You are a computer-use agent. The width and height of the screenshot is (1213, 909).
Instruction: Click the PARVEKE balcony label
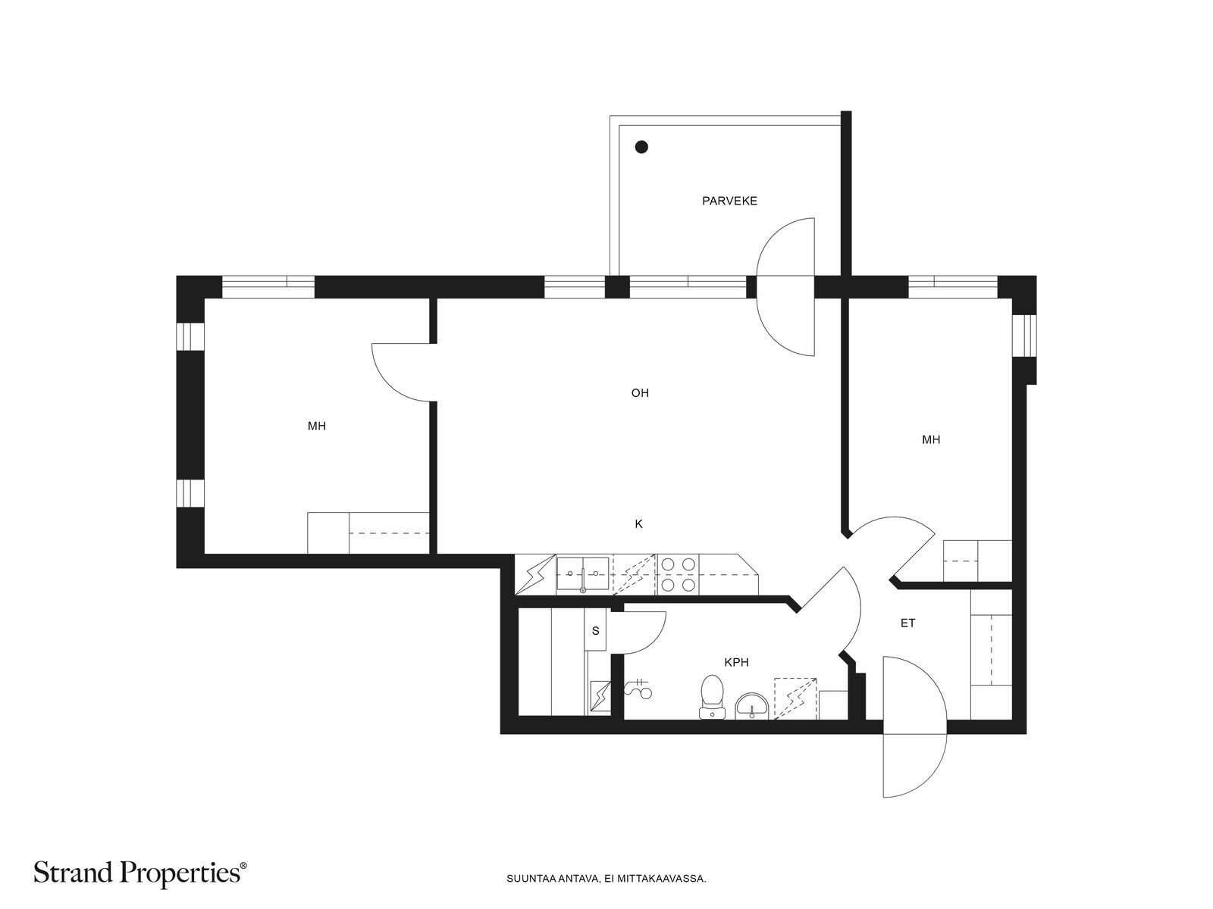(x=729, y=201)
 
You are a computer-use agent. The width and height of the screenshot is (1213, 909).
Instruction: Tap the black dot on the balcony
(x=641, y=147)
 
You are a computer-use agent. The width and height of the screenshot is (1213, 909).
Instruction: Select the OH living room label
(x=640, y=393)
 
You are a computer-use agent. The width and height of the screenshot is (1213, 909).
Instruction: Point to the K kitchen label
(x=639, y=523)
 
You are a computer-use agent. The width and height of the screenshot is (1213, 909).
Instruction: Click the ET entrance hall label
(x=908, y=623)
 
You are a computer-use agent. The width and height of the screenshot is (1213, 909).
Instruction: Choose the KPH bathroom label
(x=736, y=662)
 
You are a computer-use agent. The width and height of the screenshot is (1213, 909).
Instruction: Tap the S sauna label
(x=596, y=631)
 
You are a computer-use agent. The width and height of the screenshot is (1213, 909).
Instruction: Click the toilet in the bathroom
(x=713, y=697)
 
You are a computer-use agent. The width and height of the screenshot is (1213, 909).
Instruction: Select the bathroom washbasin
(x=751, y=707)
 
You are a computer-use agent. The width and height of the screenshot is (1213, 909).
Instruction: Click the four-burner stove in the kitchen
(x=678, y=574)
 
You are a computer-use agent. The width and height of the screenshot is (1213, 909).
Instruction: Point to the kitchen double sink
(x=582, y=573)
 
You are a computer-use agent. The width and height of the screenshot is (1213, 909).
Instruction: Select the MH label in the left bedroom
(x=317, y=426)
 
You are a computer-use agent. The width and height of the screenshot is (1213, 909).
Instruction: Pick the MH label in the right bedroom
(x=931, y=440)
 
